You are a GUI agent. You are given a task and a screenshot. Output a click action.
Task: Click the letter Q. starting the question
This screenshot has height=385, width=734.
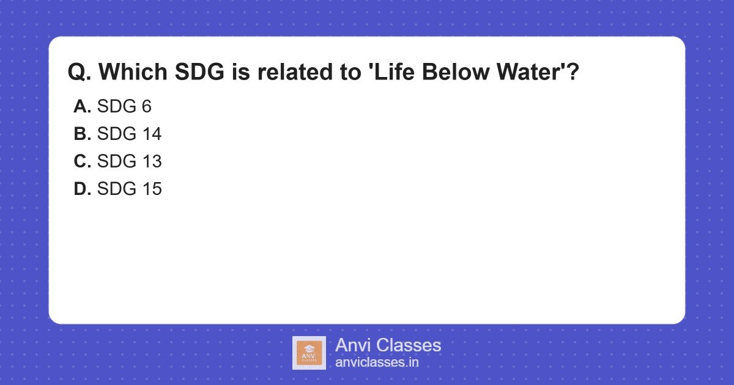coord(80,72)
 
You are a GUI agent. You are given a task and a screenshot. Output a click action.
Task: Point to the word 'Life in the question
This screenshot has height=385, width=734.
coord(393,72)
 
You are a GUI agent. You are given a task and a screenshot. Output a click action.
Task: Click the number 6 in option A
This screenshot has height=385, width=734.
coord(146,106)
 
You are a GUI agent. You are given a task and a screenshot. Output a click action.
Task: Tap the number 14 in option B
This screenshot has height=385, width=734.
coord(151,134)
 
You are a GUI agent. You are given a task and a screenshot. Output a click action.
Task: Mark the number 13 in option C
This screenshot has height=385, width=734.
coord(151,161)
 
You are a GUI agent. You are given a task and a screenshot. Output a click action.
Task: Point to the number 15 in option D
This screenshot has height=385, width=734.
coord(151,189)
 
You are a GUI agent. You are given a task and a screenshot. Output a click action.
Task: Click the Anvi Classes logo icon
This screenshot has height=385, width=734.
coord(309,353)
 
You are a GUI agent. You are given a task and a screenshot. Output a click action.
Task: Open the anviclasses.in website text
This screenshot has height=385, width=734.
coord(377,362)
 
